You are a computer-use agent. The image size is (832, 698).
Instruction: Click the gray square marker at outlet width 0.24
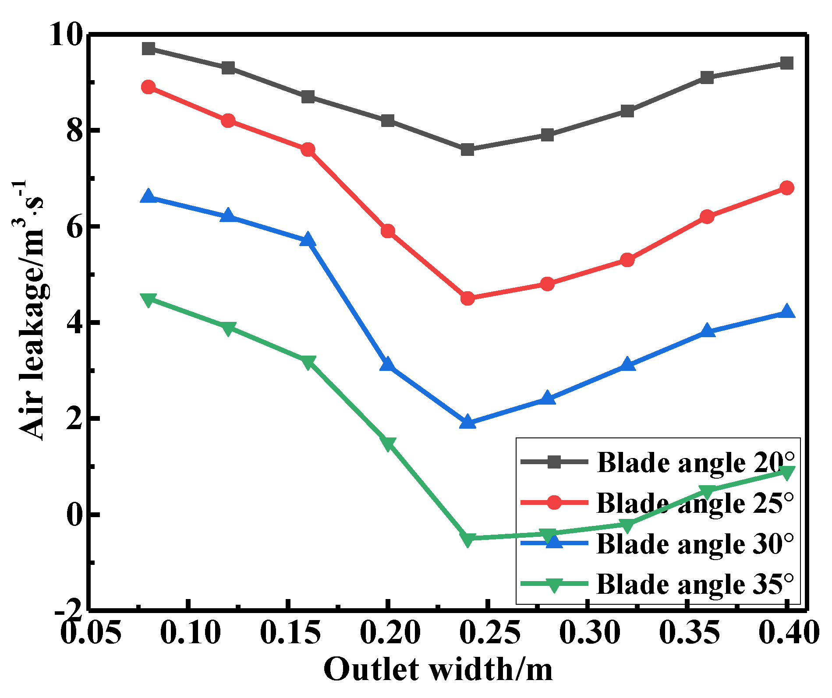tap(467, 150)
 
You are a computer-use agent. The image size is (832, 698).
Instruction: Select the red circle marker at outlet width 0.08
tap(149, 87)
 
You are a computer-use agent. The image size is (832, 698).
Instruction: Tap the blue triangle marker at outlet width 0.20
tap(387, 364)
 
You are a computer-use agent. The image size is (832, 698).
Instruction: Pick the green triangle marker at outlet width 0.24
tap(467, 539)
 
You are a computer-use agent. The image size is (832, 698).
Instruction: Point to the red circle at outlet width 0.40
tap(787, 188)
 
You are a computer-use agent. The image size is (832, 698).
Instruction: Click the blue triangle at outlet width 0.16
tap(308, 240)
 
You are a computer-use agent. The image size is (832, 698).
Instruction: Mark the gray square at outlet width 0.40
tap(787, 63)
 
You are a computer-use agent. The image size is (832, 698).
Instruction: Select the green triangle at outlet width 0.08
tap(149, 300)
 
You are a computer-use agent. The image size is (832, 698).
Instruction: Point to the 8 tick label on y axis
tap(74, 130)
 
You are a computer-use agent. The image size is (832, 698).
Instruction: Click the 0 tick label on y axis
tap(74, 515)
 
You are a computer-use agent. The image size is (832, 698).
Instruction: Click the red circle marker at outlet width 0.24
tap(467, 299)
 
